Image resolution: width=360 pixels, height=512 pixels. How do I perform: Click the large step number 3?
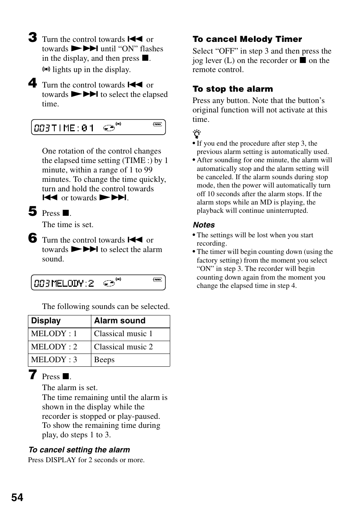click(33, 37)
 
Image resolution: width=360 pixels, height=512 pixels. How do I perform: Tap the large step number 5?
click(33, 211)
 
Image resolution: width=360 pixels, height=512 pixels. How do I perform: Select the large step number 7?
click(33, 375)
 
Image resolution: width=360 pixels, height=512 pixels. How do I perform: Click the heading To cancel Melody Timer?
click(247, 39)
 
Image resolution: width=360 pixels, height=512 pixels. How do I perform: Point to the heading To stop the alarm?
click(232, 89)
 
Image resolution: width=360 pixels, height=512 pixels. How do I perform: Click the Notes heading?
click(204, 225)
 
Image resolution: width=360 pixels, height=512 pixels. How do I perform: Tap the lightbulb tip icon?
click(197, 134)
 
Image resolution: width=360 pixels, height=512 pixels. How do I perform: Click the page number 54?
click(17, 498)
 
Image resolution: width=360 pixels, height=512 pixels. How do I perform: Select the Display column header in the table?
click(46, 321)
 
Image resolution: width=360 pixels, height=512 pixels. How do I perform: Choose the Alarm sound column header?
click(120, 321)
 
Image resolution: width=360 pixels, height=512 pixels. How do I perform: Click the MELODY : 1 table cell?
click(54, 334)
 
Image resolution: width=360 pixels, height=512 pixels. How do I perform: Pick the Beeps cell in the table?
click(104, 360)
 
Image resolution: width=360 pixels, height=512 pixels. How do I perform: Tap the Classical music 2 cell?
click(123, 347)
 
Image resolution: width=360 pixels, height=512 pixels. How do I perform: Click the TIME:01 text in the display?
click(72, 128)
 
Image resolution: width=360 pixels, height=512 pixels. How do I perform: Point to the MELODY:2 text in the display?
click(72, 283)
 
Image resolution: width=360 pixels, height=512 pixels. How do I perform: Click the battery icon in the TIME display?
click(157, 124)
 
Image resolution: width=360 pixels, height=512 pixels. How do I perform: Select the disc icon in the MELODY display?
click(109, 283)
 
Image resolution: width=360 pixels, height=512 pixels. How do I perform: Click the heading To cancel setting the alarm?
click(79, 450)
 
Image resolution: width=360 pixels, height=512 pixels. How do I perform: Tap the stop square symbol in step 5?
click(66, 213)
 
